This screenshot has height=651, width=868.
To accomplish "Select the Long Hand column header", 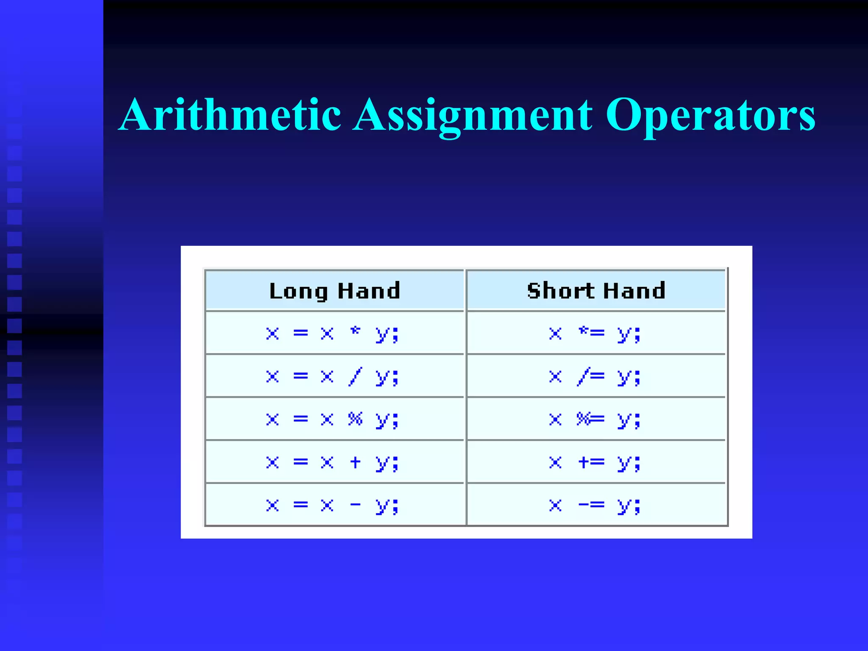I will tap(335, 291).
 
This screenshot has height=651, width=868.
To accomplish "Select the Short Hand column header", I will tap(596, 291).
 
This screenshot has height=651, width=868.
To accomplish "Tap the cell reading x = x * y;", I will tap(333, 334).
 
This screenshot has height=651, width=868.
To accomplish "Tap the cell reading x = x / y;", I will tap(333, 377).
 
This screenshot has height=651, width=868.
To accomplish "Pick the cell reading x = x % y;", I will tap(333, 420).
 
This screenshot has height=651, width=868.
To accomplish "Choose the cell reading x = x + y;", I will tap(333, 462).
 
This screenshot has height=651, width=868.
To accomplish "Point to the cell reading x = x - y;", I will tap(333, 505).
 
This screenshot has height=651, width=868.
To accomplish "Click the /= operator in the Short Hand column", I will tap(591, 376).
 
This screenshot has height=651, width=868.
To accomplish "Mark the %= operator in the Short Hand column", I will tap(590, 419).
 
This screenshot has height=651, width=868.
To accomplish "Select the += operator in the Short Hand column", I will tap(591, 462).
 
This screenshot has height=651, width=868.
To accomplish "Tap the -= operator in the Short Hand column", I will tap(591, 505).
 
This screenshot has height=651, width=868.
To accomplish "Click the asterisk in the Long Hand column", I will tap(355, 331).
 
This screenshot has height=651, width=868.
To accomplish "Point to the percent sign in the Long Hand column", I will tap(355, 419).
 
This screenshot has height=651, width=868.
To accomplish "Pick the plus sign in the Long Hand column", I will tap(355, 462).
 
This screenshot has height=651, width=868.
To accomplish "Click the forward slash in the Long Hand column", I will tap(355, 376).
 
